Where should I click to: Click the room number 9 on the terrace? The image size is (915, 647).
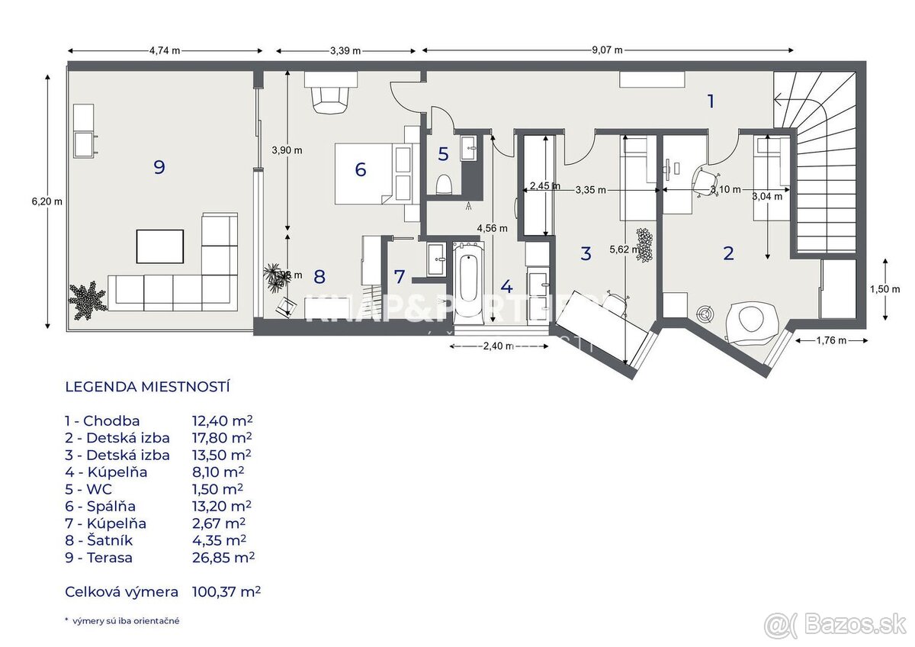pyautogui.click(x=159, y=167)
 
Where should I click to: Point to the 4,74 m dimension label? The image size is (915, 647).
pyautogui.click(x=165, y=51)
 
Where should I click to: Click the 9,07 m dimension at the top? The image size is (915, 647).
pyautogui.click(x=607, y=51)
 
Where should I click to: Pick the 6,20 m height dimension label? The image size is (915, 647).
pyautogui.click(x=47, y=201)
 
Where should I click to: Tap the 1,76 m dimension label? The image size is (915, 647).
pyautogui.click(x=830, y=341)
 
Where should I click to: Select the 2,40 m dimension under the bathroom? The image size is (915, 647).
pyautogui.click(x=499, y=347)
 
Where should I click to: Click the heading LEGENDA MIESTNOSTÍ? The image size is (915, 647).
pyautogui.click(x=147, y=387)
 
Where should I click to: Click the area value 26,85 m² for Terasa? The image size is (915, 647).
pyautogui.click(x=223, y=558)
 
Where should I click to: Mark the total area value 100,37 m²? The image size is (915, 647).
pyautogui.click(x=226, y=591)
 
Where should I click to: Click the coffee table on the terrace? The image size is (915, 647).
pyautogui.click(x=160, y=246)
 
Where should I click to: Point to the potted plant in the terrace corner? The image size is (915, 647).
pyautogui.click(x=88, y=299)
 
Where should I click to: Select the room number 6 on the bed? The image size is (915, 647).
pyautogui.click(x=361, y=169)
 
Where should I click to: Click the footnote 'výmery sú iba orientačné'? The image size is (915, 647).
pyautogui.click(x=127, y=621)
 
